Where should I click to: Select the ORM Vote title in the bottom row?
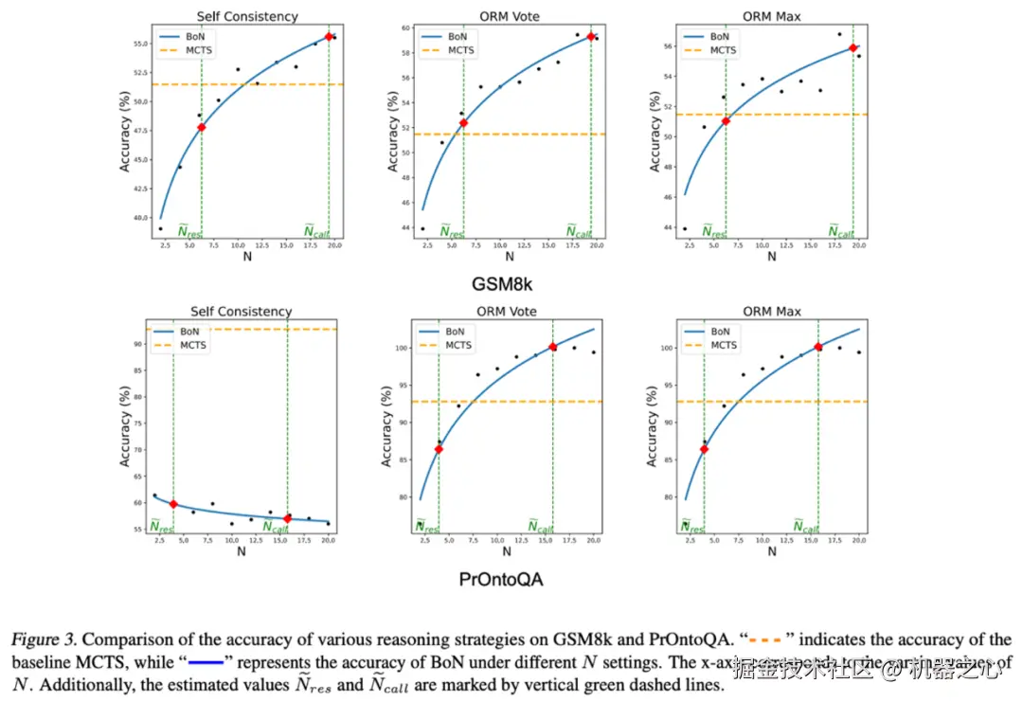509,311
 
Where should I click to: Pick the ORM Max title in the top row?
771,17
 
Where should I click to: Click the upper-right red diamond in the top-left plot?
329,36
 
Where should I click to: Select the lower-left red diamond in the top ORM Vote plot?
463,122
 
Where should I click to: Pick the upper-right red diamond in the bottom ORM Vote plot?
553,347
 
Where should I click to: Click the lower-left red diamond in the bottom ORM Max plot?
704,448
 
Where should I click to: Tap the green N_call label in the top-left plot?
316,231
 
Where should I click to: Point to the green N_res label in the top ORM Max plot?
713,231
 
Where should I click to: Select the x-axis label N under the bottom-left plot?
242,551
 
